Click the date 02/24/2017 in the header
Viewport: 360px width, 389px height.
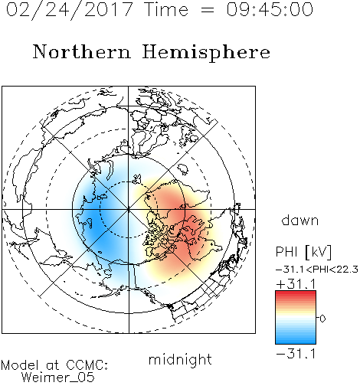tap(69, 10)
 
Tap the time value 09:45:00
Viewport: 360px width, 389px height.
tap(270, 9)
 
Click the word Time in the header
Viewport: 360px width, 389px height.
tap(166, 9)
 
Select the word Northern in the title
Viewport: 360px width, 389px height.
tap(82, 51)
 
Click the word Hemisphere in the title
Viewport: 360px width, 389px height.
tap(206, 53)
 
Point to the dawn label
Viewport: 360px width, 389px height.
tap(300, 220)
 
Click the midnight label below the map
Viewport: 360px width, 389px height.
tap(180, 360)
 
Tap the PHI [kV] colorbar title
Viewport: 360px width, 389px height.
tap(303, 252)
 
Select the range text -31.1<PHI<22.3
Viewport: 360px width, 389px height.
tap(317, 270)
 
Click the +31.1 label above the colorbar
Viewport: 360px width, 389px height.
tap(296, 284)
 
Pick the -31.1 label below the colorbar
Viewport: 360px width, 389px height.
tap(296, 354)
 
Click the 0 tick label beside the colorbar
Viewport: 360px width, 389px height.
tap(322, 319)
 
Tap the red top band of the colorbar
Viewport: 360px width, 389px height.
tap(296, 293)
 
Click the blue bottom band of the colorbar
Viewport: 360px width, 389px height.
tap(296, 341)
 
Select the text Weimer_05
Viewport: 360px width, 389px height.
tap(58, 377)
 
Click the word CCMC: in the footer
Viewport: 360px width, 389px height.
tap(87, 365)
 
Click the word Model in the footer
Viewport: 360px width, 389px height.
tap(20, 365)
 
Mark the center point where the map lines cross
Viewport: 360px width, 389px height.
tap(129, 209)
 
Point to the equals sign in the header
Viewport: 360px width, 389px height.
tap(208, 10)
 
